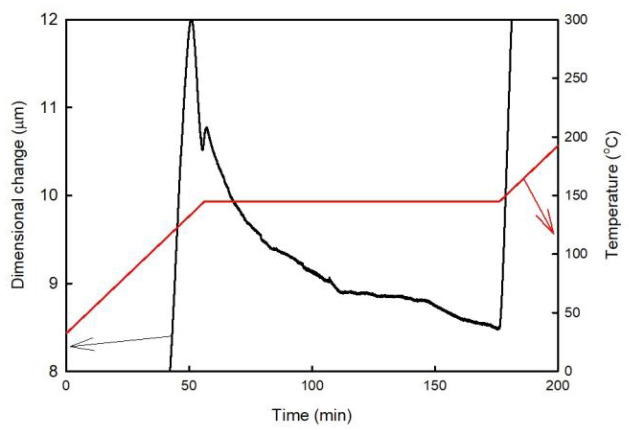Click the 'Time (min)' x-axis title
point(312,415)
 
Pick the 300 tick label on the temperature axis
point(576,20)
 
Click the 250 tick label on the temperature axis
point(576,78)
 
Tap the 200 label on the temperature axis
point(576,137)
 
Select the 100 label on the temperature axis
point(576,254)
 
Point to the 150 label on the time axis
point(435,386)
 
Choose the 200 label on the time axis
point(557,386)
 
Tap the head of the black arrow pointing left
point(71,346)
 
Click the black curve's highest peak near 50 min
point(191,21)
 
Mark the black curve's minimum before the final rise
point(498,329)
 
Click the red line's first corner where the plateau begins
point(204,201)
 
